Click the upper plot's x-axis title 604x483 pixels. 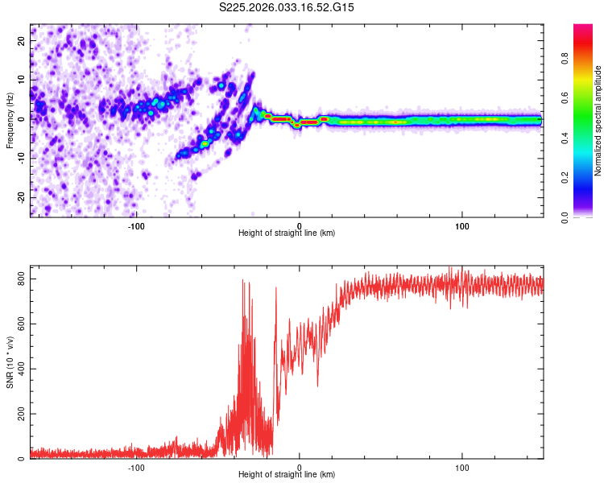pos(287,233)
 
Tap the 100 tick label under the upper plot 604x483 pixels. pos(462,225)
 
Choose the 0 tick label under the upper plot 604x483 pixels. pos(300,225)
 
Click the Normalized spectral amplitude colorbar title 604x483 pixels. pos(598,121)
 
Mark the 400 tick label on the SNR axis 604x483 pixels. pos(20,369)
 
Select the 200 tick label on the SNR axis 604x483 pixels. pos(20,414)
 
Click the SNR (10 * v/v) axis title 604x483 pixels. pos(10,366)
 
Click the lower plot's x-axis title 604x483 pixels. pos(287,474)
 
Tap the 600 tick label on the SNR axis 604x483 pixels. pos(20,324)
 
